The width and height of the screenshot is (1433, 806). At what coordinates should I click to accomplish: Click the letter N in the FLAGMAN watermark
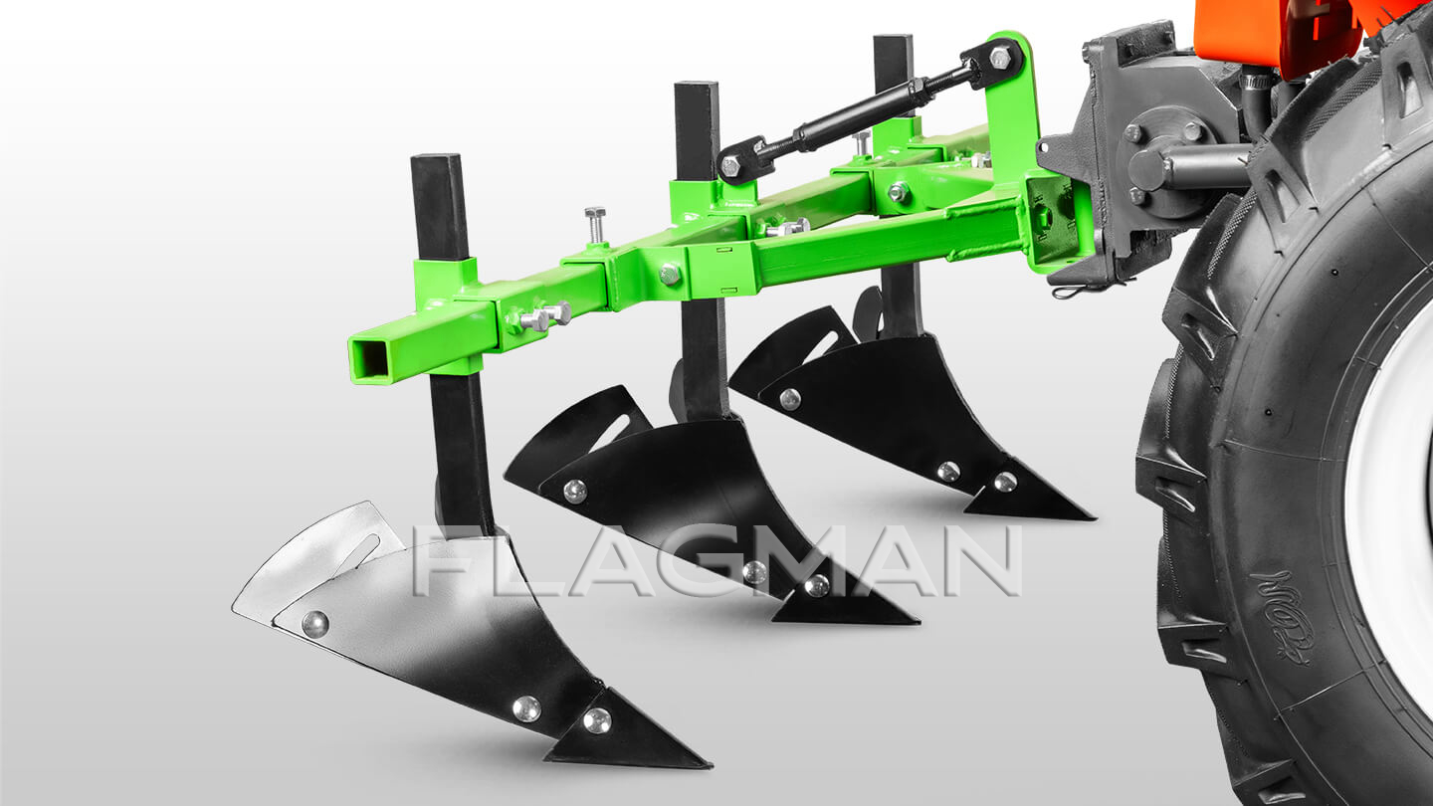click(981, 560)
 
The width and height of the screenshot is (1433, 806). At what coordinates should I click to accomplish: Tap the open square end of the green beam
click(370, 358)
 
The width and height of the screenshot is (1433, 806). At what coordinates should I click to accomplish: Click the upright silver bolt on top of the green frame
click(595, 225)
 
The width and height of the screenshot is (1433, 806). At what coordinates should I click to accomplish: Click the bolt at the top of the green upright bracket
click(999, 58)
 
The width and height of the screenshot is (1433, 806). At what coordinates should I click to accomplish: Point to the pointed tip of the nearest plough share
click(711, 763)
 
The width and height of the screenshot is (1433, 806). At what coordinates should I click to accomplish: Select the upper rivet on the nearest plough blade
click(314, 624)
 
